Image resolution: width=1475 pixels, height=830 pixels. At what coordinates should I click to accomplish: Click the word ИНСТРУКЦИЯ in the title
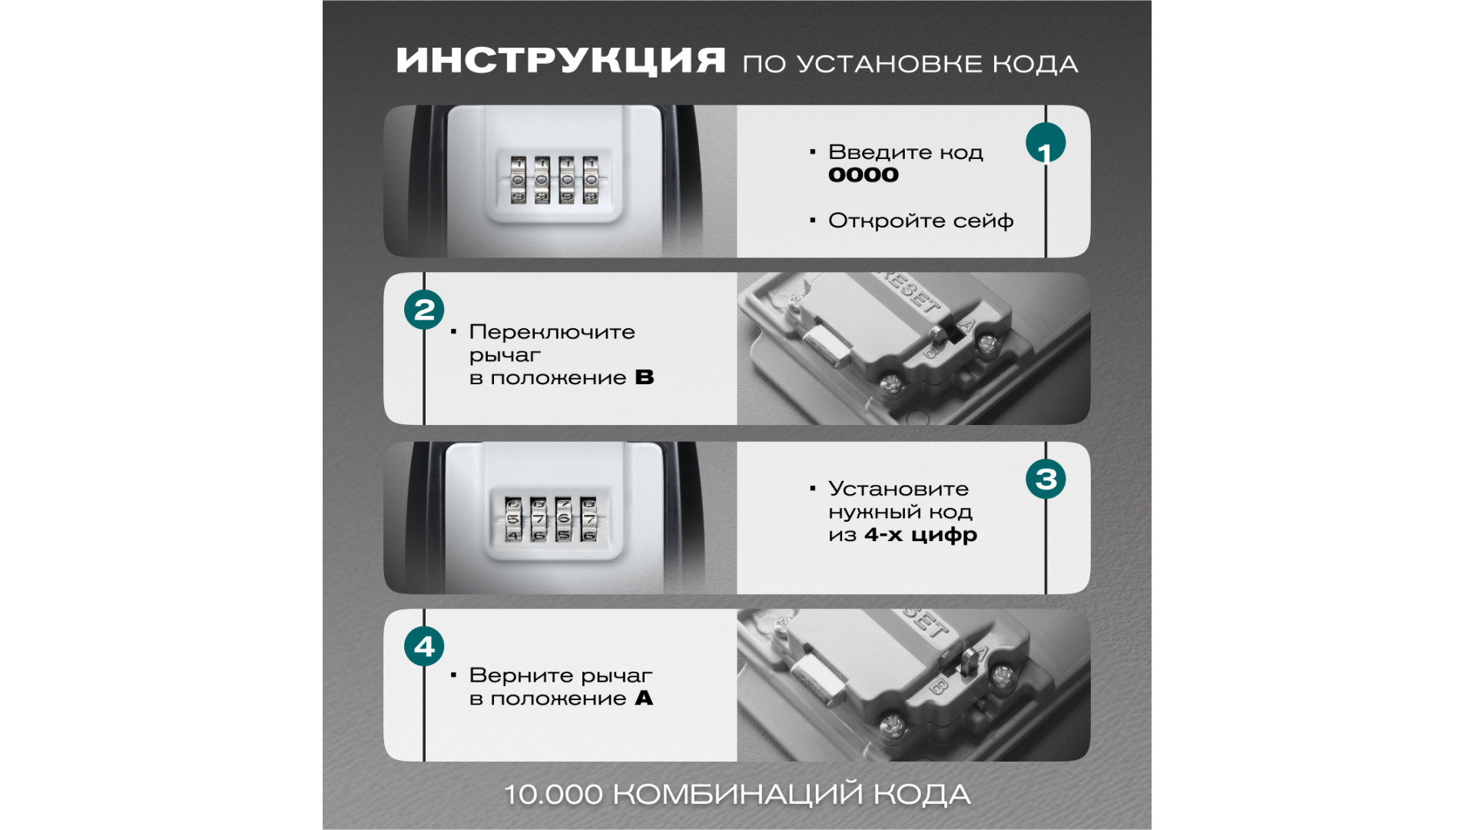pos(561,60)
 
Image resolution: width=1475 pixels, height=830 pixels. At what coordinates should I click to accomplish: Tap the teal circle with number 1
pos(1046,143)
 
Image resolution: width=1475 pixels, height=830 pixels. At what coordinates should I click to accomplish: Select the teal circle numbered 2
pos(424,310)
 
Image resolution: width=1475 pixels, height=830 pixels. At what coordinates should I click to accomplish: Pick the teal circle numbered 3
pos(1046,479)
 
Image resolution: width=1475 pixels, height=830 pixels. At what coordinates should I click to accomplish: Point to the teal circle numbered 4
pos(424,646)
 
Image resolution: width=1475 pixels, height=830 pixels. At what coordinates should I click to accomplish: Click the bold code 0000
pos(863,175)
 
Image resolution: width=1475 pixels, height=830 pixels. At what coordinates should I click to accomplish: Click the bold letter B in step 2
pos(645,377)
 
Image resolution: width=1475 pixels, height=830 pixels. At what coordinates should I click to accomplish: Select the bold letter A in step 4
pos(644,698)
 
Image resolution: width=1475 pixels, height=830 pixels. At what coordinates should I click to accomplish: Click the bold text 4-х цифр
pos(921,535)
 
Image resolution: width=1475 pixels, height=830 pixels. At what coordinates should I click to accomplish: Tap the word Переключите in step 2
pos(552,333)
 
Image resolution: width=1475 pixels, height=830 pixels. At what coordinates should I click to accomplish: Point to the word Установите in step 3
pos(899,489)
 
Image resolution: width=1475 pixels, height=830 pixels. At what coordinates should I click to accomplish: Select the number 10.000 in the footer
pos(553,795)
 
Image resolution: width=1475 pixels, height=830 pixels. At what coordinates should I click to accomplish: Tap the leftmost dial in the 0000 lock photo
pos(519,181)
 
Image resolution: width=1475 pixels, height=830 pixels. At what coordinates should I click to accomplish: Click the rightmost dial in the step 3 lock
pos(588,519)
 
